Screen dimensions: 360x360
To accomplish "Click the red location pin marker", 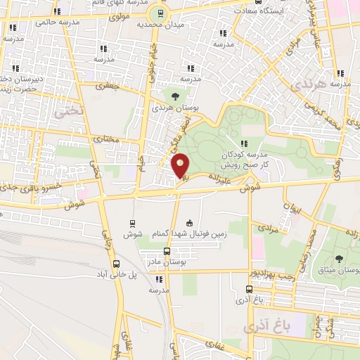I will [x=181, y=167].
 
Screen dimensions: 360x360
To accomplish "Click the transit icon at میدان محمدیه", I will [x=160, y=13].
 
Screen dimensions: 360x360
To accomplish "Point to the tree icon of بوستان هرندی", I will [x=174, y=96].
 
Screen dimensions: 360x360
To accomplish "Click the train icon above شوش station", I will [x=132, y=223].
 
